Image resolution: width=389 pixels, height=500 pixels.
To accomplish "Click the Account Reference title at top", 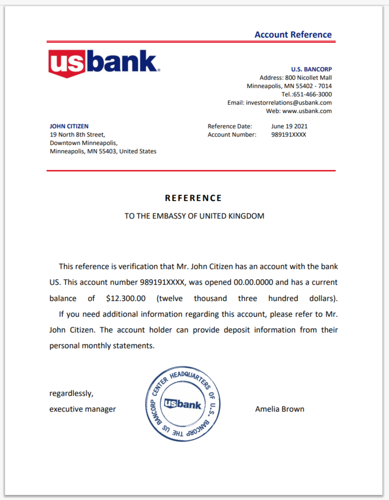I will pos(293,35).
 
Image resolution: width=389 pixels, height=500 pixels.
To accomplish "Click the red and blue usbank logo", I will pos(104,63).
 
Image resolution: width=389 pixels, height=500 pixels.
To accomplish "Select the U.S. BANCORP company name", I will pos(311,69).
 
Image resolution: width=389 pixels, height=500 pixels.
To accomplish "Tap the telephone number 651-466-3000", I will pos(313,94).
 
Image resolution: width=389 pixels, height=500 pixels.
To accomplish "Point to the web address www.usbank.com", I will pos(307,111).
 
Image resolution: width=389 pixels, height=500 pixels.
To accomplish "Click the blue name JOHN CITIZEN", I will pos(69,126).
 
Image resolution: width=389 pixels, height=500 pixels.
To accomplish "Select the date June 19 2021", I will pos(289,126).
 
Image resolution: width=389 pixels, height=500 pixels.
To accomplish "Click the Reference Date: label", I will pos(230,126).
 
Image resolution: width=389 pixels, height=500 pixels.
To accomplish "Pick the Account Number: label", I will pos(232,135).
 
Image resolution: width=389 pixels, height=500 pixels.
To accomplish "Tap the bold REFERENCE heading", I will pos(193,198).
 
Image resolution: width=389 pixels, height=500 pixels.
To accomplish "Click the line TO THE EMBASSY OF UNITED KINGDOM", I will pos(194,216).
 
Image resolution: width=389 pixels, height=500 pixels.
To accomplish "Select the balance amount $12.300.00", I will pos(126,299).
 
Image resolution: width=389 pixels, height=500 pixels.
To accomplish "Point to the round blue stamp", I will pos(183,404).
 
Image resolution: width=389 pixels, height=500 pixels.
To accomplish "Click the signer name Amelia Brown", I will pos(279,409).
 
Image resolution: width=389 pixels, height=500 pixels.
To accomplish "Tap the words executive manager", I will pos(83,409).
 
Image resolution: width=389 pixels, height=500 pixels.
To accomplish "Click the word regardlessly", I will pos(71,394).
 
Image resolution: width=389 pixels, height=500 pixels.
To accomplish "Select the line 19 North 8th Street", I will pos(77,135).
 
